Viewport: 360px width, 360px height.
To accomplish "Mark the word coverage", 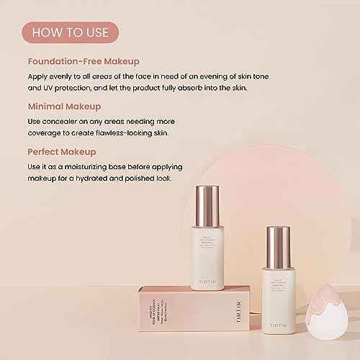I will click(x=48, y=134).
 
